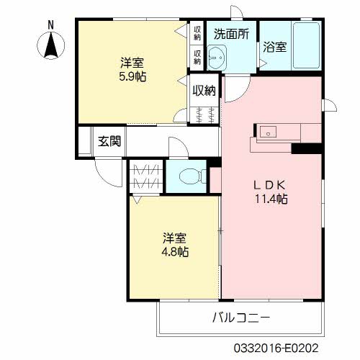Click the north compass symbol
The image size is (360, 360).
click(51, 45)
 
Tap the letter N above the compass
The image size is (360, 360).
click(50, 25)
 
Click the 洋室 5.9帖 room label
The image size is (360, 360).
click(132, 70)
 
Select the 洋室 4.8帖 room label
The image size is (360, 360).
click(175, 245)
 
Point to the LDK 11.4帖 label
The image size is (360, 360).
click(271, 192)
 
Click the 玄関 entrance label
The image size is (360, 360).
click(109, 141)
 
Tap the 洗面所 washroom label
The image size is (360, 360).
click(232, 34)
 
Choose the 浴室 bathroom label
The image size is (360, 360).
click(275, 47)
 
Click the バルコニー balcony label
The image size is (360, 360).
click(241, 318)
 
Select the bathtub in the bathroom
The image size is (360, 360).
click(307, 45)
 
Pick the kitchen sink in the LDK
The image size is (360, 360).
click(268, 132)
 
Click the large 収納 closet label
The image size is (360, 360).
click(204, 91)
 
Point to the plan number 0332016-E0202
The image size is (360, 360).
click(276, 348)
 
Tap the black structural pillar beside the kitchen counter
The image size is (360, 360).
click(307, 148)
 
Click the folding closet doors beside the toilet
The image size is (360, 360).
click(145, 176)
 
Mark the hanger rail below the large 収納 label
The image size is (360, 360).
click(204, 115)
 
